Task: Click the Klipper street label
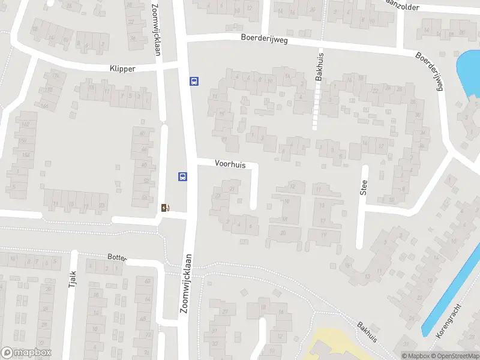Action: [122, 68]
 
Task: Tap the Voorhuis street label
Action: [230, 164]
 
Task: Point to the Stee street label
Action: [364, 188]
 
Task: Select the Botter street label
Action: [117, 257]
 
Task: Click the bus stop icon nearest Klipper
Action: [194, 81]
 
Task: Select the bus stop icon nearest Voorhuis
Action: [182, 176]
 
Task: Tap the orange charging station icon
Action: [166, 208]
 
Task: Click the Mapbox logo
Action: [26, 353]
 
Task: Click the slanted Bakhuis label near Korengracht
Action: [367, 331]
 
